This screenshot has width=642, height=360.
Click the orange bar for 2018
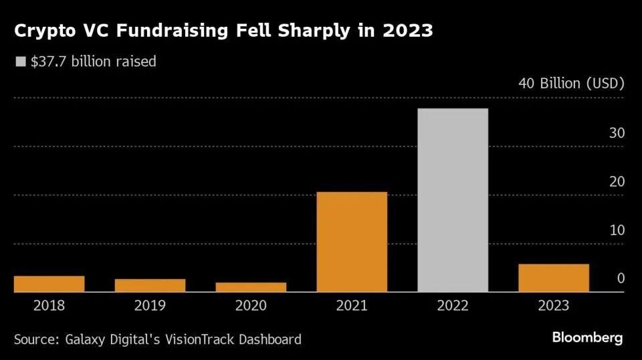click(49, 284)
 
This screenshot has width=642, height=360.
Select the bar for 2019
click(150, 285)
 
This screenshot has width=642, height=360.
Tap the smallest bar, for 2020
click(251, 287)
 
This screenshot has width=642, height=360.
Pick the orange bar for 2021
click(352, 242)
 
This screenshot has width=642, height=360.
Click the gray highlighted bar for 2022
click(453, 200)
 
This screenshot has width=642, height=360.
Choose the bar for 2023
click(554, 278)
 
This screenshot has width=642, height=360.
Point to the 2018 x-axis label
click(49, 306)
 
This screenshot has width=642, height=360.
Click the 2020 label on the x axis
click(251, 306)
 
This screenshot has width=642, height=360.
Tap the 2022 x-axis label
click(453, 306)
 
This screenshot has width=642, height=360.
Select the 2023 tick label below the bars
click(553, 306)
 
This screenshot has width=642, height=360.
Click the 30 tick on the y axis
click(616, 133)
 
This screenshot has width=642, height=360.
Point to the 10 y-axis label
click(616, 230)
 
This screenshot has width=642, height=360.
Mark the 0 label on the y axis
click(621, 278)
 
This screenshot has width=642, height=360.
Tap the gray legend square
click(19, 62)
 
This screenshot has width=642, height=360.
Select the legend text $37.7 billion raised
click(93, 62)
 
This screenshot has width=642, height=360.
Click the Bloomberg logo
click(587, 337)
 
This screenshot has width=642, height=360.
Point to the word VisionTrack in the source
click(199, 339)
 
